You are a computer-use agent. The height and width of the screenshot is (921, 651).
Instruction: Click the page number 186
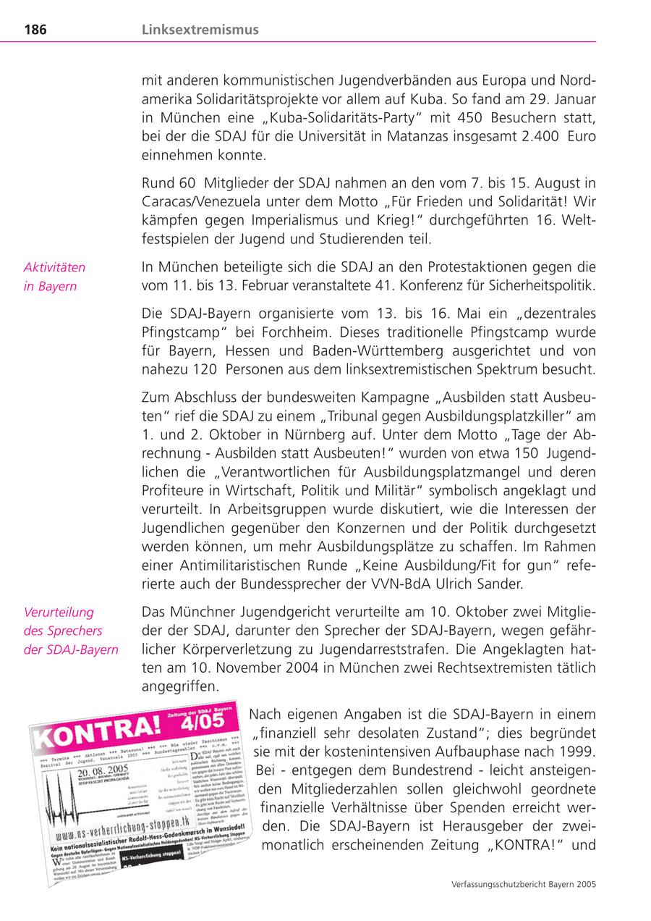[35, 30]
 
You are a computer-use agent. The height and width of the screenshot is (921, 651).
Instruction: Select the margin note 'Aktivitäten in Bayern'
[54, 276]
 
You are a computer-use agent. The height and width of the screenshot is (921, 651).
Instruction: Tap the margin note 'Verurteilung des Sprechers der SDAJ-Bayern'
[71, 630]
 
